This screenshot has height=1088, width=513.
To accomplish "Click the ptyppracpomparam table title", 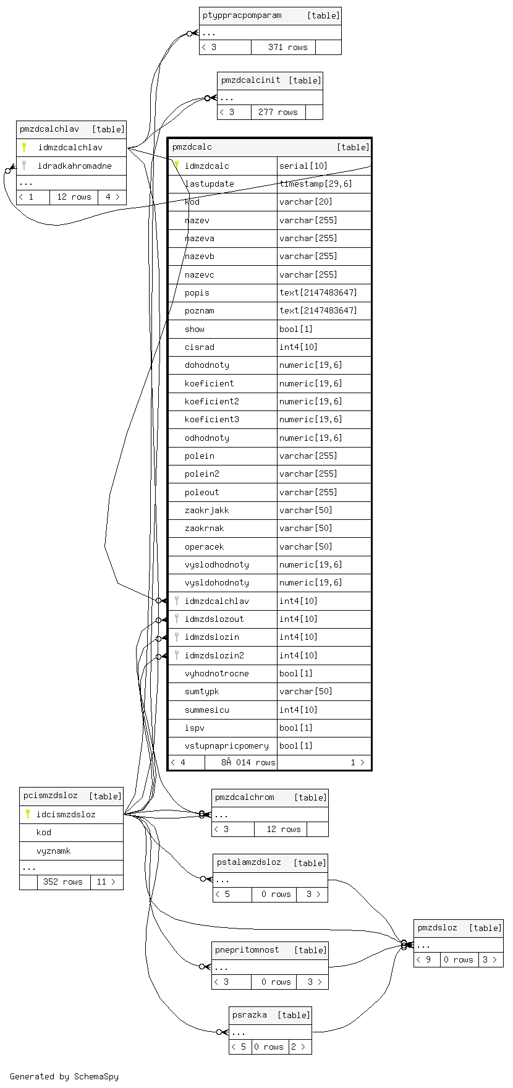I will (x=242, y=15).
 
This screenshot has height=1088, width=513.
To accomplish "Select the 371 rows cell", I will (x=287, y=47).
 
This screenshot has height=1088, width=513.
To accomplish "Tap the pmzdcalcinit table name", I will (x=251, y=80).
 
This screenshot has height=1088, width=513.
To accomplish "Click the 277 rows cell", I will (x=278, y=112).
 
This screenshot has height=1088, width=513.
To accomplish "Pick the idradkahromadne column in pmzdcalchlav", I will (x=74, y=166).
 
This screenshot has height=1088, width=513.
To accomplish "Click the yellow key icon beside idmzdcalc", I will (x=177, y=166).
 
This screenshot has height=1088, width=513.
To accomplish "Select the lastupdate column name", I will (x=209, y=184).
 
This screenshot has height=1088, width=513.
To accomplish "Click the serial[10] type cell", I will (x=303, y=166).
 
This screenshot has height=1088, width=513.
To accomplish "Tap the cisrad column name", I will (x=199, y=347).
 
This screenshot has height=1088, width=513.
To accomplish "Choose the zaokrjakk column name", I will (x=206, y=510).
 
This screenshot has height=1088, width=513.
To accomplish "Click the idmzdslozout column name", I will (x=214, y=619).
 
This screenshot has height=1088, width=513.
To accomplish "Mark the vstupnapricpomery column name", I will (x=226, y=746).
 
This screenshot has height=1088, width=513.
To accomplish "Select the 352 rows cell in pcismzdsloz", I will (x=63, y=882).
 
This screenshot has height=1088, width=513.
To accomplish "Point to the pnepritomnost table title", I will (x=247, y=950).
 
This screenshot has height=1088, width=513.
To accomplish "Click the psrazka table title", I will (x=250, y=1014).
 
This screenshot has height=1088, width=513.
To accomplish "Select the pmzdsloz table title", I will (x=438, y=927).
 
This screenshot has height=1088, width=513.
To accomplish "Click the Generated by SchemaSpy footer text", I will (x=64, y=1076).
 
